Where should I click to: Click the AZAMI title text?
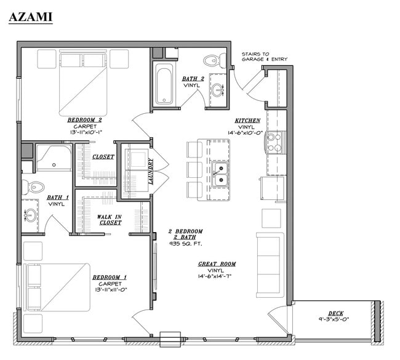pos(31,17)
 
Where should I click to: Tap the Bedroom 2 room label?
pos(85,119)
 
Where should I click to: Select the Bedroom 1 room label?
pos(110,277)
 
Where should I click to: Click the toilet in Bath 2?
pos(215,60)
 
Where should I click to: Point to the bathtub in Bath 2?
pos(164,84)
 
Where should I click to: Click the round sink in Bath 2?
pos(217,90)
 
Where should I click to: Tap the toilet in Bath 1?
pos(33,187)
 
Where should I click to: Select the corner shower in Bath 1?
pos(54,158)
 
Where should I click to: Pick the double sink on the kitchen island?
pos(220,174)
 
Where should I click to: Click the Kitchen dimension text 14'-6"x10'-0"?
pos(245,133)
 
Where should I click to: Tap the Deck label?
pos(336,313)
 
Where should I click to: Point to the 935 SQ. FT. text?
pos(186,244)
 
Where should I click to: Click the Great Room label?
pos(217,264)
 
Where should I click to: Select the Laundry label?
pos(151,171)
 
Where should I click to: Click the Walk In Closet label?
pos(110,220)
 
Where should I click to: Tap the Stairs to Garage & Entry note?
pos(264,57)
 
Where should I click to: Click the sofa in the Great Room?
pos(270,265)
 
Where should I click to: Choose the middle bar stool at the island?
pos(194,169)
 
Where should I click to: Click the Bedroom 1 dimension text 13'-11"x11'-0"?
pos(111,289)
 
